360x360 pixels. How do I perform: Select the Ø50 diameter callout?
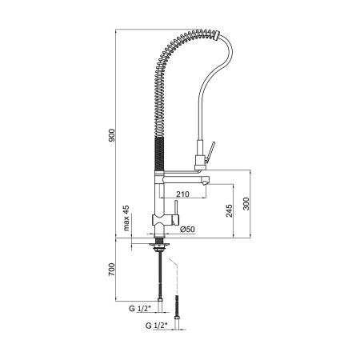189,230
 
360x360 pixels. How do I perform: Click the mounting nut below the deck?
162,242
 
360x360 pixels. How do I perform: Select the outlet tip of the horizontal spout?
207,182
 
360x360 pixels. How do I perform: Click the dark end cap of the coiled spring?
217,34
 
